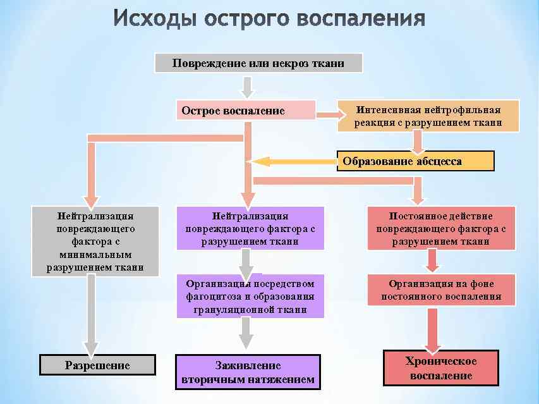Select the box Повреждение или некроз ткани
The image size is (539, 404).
tap(259, 63)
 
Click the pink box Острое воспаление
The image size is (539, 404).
tap(245, 111)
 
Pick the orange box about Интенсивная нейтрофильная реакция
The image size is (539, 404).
tap(428, 116)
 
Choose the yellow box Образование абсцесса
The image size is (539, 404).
tap(415, 161)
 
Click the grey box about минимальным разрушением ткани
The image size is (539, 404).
tap(95, 241)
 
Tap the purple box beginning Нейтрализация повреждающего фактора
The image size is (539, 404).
tap(250, 228)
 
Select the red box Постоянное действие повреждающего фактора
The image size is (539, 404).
tap(441, 228)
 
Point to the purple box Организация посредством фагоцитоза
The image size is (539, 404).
tap(250, 295)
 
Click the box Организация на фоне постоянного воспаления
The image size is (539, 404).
tap(441, 290)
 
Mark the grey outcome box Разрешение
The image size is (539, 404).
tap(97, 365)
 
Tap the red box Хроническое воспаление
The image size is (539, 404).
tap(440, 368)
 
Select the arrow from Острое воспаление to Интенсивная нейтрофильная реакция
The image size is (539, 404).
tap(330, 115)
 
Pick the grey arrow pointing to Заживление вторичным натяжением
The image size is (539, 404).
tap(247, 331)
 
